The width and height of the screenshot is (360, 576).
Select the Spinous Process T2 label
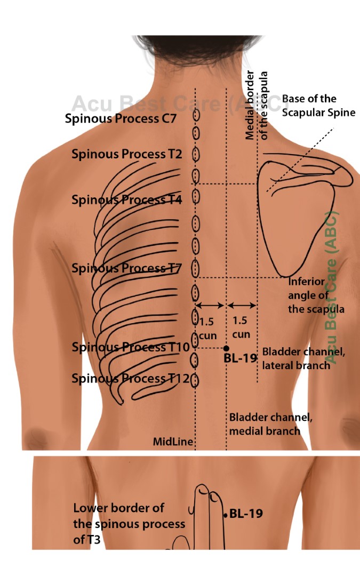(x=127, y=154)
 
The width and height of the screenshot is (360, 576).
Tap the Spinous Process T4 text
(x=127, y=200)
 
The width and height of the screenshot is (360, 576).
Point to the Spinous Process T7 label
(x=127, y=268)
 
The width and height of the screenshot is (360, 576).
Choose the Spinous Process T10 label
(x=130, y=347)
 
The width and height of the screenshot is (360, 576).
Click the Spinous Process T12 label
(x=130, y=379)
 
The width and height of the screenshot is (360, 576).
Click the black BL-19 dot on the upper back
(x=227, y=348)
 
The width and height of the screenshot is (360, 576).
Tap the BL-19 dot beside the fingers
(x=226, y=515)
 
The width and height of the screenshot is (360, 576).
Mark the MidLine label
(x=173, y=442)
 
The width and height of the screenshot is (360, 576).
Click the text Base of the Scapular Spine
(x=318, y=105)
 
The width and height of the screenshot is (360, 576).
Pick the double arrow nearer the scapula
(x=242, y=306)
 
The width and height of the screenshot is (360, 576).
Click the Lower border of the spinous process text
(x=129, y=524)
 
